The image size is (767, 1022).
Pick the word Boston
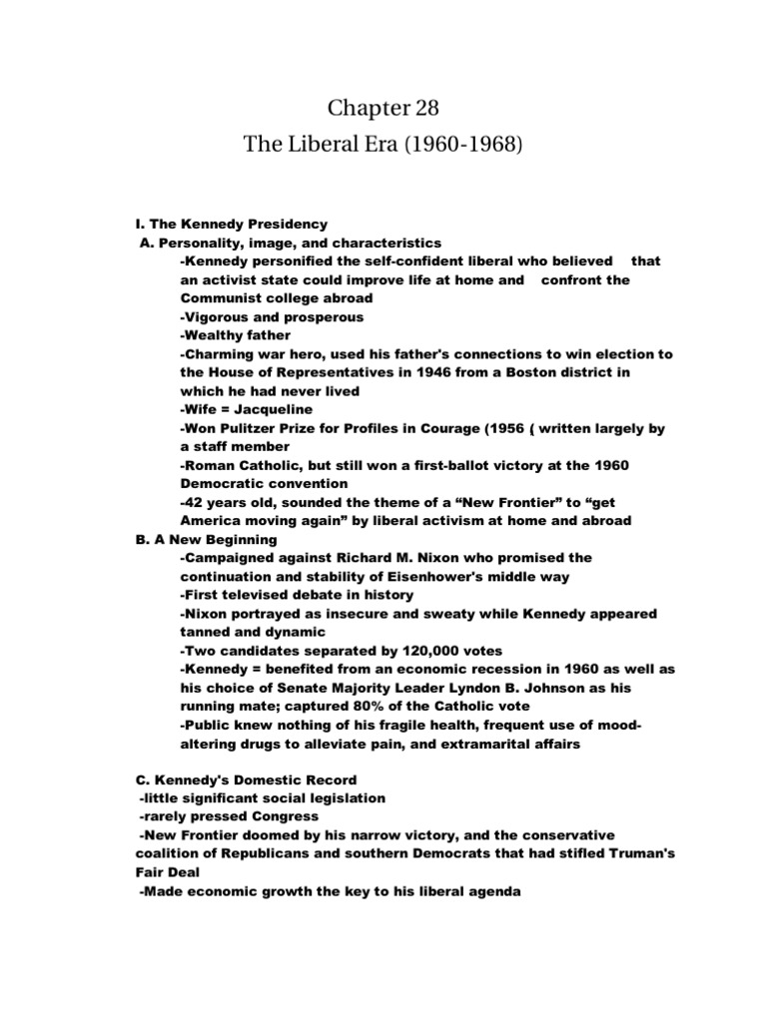pos(540,372)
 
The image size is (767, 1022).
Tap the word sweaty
pos(416,614)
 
